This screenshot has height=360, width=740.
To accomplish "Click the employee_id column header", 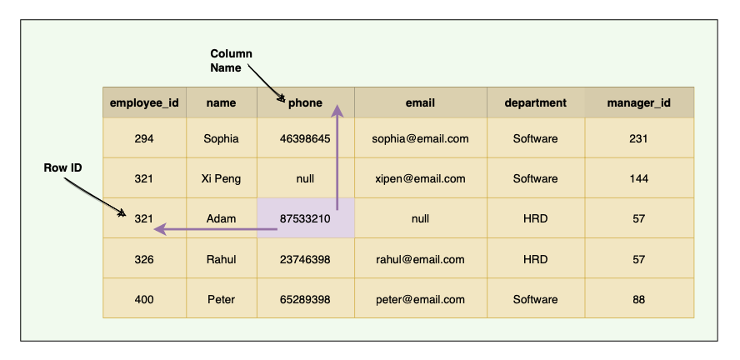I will pyautogui.click(x=144, y=103).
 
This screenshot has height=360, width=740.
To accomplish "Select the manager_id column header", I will pyautogui.click(x=638, y=103).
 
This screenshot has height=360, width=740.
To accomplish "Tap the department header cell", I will pyautogui.click(x=535, y=103).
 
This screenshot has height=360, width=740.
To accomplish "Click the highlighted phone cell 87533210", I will pyautogui.click(x=305, y=218).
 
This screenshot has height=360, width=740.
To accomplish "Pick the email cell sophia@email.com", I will pyautogui.click(x=420, y=138).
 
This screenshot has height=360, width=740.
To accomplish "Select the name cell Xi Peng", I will pyautogui.click(x=221, y=178).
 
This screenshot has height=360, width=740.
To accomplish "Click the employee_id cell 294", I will pyautogui.click(x=144, y=138).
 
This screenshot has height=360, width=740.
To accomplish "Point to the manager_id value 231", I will pyautogui.click(x=638, y=138).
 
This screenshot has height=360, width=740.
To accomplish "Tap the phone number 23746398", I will pyautogui.click(x=305, y=259).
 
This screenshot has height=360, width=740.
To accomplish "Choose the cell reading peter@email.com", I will pyautogui.click(x=420, y=299).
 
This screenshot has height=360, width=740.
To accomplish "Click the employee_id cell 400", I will pyautogui.click(x=144, y=299).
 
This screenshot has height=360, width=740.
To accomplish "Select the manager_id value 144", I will pyautogui.click(x=638, y=178).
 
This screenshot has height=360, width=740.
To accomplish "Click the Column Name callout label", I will pyautogui.click(x=231, y=61).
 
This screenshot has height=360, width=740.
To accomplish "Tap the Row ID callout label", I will pyautogui.click(x=62, y=167).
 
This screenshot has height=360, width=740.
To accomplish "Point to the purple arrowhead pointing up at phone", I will pyautogui.click(x=337, y=111).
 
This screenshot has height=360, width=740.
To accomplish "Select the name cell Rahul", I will pyautogui.click(x=221, y=259).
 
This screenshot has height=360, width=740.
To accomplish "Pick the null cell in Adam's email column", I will pyautogui.click(x=420, y=218).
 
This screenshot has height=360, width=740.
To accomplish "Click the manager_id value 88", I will pyautogui.click(x=638, y=299).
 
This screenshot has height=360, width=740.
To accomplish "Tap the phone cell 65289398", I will pyautogui.click(x=305, y=299).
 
